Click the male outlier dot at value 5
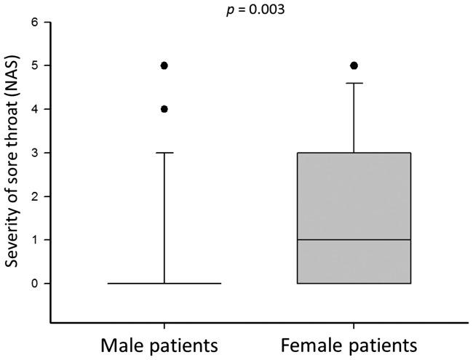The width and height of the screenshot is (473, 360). coord(164,65)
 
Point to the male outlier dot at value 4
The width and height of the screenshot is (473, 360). coord(164,109)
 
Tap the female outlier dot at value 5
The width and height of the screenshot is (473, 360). coord(354,65)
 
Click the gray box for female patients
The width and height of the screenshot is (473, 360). coord(354,196)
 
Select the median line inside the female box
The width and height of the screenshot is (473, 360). coord(354,240)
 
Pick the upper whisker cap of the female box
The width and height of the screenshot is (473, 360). coord(354,83)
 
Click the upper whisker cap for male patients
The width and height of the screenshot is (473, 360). coord(164,153)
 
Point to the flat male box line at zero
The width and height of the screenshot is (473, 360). coord(164,284)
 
